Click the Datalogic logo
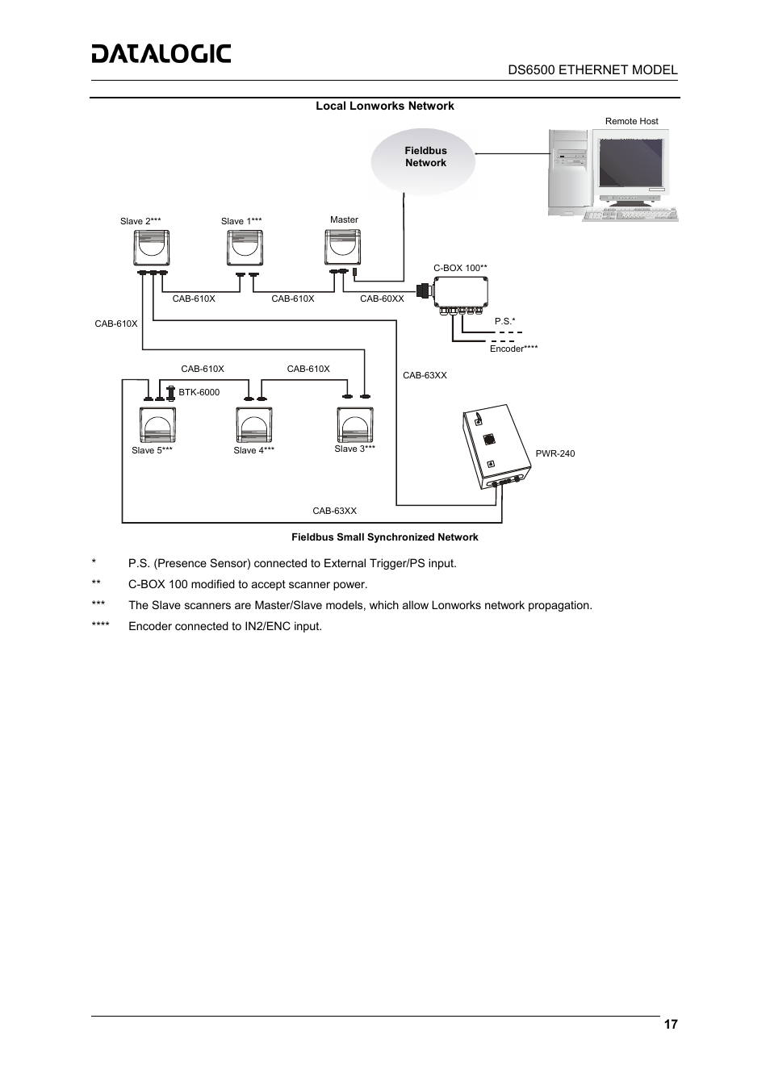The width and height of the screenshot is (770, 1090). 161,54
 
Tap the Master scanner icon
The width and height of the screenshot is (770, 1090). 342,247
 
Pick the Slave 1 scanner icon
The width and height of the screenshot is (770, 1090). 245,248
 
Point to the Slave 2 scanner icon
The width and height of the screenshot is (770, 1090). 151,248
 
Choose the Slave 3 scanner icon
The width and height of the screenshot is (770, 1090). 354,424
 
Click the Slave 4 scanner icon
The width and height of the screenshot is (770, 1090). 254,425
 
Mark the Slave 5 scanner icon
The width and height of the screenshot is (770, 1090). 157,425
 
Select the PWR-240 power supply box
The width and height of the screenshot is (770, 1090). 493,446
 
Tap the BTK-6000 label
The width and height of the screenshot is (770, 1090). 199,393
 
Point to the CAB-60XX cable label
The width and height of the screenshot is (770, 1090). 382,299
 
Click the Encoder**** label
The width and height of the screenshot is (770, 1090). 513,349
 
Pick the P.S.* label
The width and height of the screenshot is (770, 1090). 504,321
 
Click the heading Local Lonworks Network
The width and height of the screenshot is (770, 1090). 384,106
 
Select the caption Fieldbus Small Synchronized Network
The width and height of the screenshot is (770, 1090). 384,537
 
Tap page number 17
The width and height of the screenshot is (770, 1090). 671,1025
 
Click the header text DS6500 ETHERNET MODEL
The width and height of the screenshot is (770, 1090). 592,69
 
